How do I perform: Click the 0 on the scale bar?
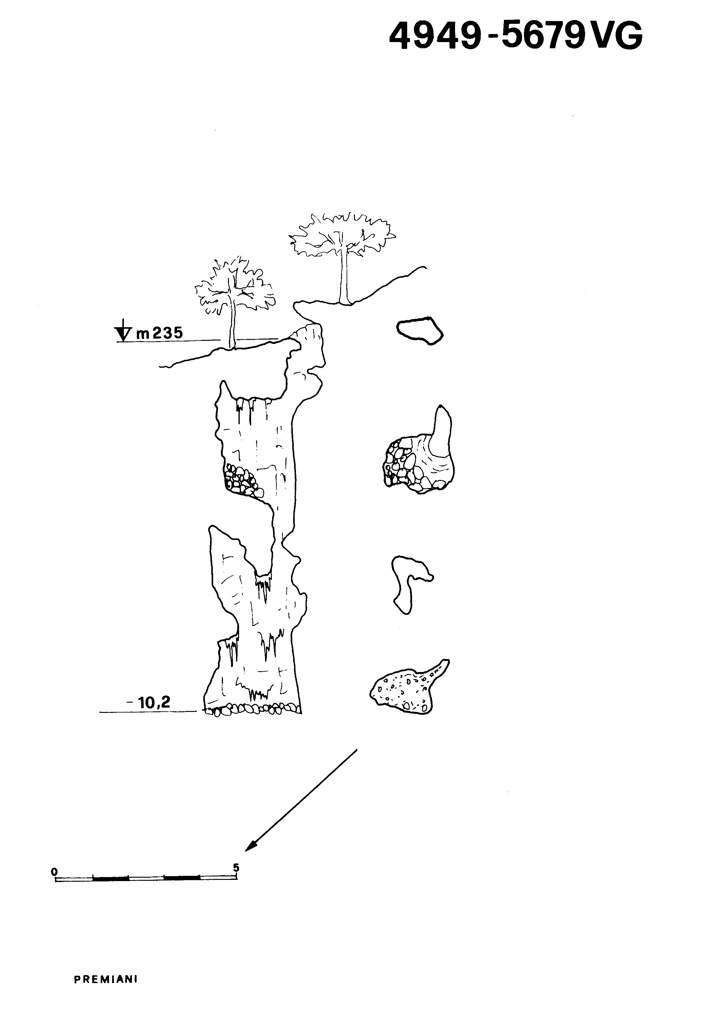click(54, 871)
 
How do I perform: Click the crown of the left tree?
click(234, 286)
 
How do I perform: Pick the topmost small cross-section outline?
click(420, 331)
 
